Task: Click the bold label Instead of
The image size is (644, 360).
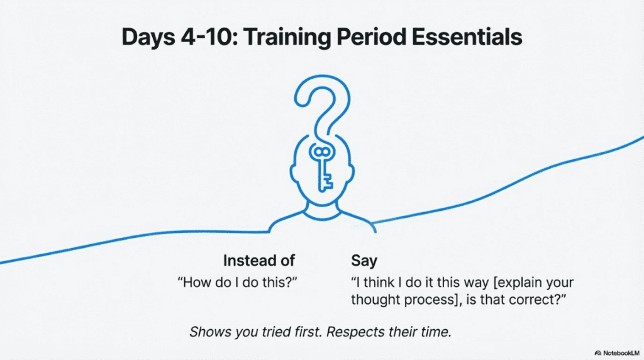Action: [259, 261]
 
